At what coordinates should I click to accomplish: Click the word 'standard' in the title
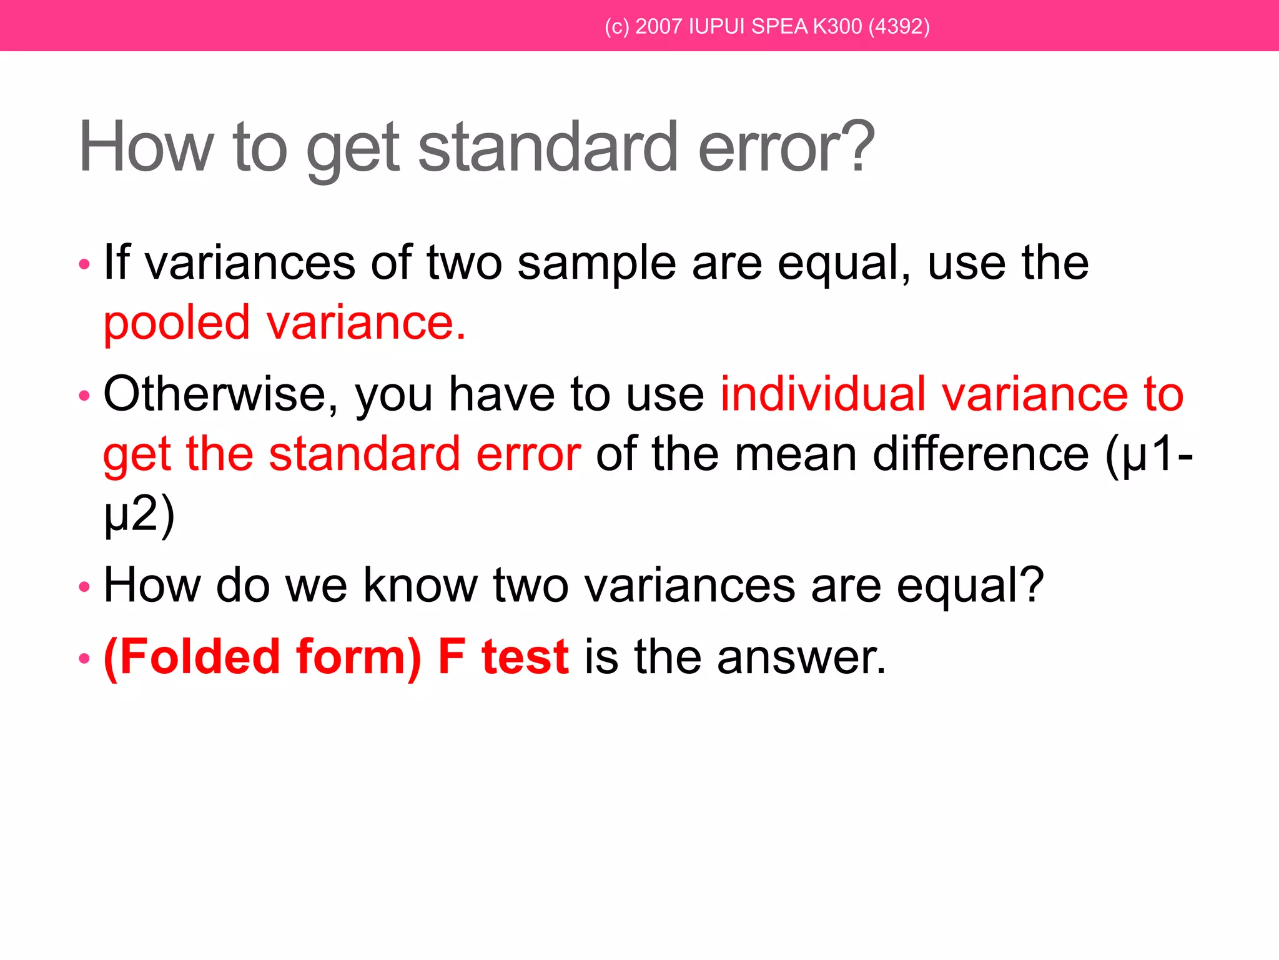click(x=548, y=147)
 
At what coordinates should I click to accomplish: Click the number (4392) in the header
click(x=899, y=26)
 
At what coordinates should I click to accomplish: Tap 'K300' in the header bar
click(x=837, y=26)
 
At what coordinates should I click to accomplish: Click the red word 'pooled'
click(x=177, y=324)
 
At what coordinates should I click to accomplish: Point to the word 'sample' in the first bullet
click(x=596, y=263)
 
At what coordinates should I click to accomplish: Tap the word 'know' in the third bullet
click(x=420, y=586)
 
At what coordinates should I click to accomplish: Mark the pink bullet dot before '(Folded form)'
click(x=84, y=659)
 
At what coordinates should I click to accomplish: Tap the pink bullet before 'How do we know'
click(x=84, y=587)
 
